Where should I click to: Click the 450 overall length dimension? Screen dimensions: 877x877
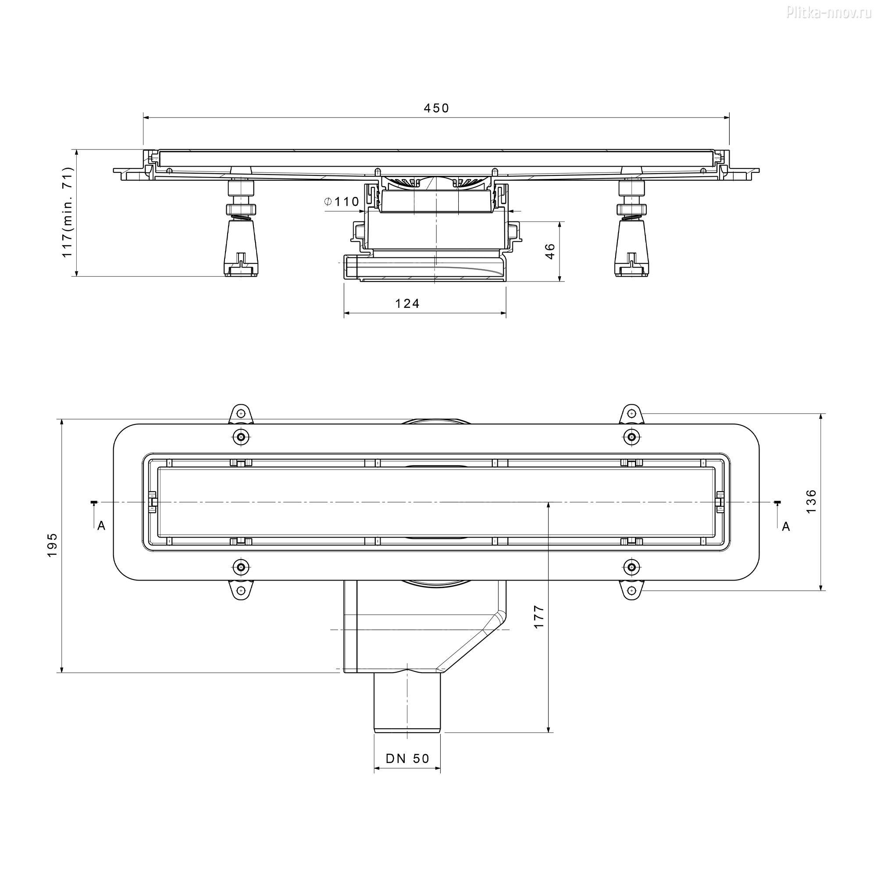tap(436, 108)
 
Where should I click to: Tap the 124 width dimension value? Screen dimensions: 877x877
tap(407, 303)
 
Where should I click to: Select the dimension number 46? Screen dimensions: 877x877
tap(550, 251)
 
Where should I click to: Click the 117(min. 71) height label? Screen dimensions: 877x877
tap(67, 212)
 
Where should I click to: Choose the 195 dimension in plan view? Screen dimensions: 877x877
tap(52, 545)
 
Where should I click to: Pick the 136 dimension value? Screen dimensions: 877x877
tap(811, 501)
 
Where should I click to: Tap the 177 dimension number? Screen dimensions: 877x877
tap(538, 617)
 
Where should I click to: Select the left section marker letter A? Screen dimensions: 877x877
tap(101, 526)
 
